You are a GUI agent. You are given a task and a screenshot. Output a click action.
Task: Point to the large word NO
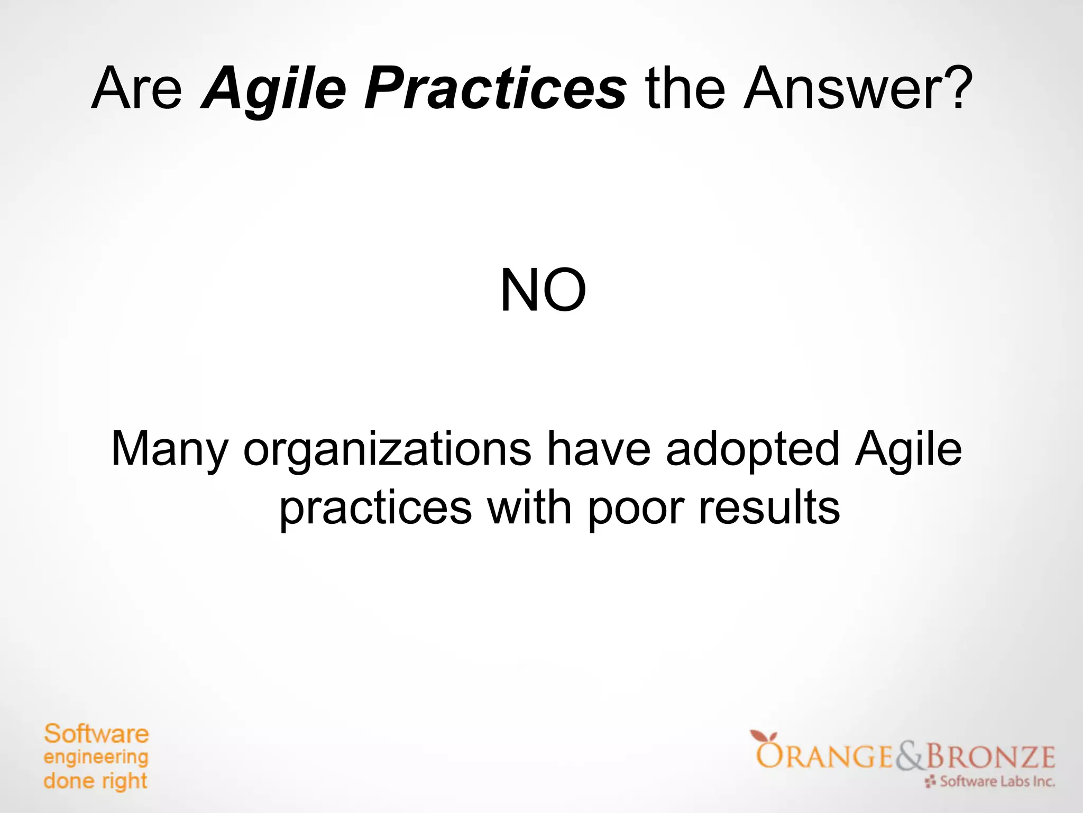click(x=543, y=291)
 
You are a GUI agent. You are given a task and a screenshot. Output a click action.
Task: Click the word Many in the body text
click(x=169, y=449)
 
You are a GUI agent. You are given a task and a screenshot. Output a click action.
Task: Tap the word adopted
click(x=752, y=449)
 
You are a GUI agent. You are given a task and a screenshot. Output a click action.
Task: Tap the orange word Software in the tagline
click(x=96, y=734)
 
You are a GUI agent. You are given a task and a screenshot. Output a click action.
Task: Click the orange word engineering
click(x=96, y=758)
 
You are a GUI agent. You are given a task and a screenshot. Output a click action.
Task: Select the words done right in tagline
click(x=95, y=781)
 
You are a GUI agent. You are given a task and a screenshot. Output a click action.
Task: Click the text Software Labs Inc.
click(x=997, y=781)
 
